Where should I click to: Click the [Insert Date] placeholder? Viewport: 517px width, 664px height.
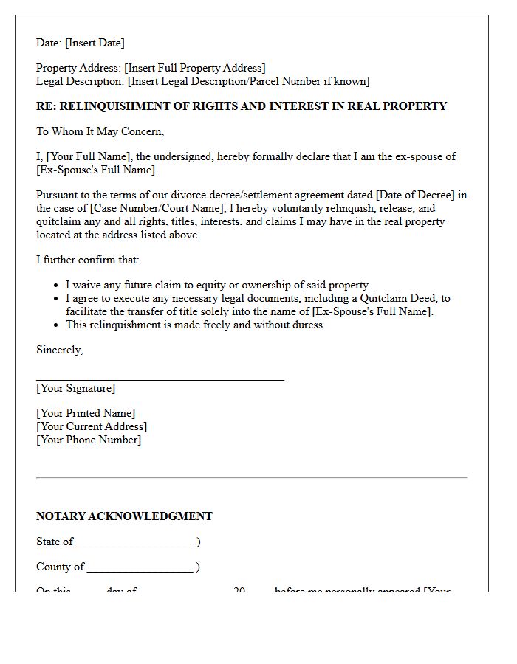pyautogui.click(x=95, y=43)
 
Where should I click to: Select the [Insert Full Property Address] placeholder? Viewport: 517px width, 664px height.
pyautogui.click(x=195, y=68)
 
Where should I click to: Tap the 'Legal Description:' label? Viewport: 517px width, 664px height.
pyautogui.click(x=80, y=81)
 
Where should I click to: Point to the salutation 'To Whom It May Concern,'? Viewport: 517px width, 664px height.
pyautogui.click(x=100, y=131)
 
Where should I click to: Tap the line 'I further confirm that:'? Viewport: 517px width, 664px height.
pyautogui.click(x=87, y=260)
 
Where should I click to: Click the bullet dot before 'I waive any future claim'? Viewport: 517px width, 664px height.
pyautogui.click(x=57, y=286)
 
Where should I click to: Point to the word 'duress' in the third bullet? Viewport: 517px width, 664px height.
pyautogui.click(x=305, y=325)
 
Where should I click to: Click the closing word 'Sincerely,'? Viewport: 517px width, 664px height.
pyautogui.click(x=59, y=350)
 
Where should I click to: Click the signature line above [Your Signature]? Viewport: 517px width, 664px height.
pyautogui.click(x=160, y=379)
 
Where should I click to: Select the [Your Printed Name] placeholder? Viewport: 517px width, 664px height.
pyautogui.click(x=86, y=413)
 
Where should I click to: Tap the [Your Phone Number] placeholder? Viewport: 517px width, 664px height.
pyautogui.click(x=89, y=440)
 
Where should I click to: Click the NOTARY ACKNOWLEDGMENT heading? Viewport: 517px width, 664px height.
pyautogui.click(x=124, y=516)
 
